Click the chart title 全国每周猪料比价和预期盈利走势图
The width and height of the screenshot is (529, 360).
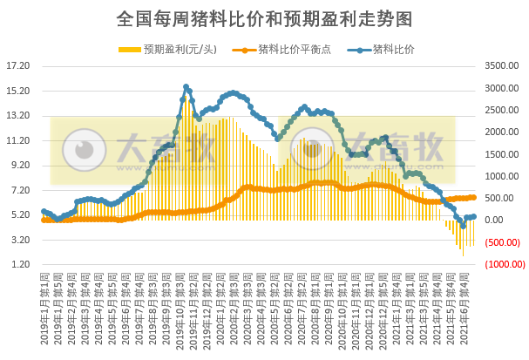[264, 17]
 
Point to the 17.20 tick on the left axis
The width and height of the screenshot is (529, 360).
[18, 66]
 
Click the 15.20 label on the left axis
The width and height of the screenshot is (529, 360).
[18, 91]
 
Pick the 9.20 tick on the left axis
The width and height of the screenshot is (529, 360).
[18, 165]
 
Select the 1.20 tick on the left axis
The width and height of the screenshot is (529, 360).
[18, 264]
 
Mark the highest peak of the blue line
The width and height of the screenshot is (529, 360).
[187, 87]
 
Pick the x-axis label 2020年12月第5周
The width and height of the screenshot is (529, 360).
[384, 301]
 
